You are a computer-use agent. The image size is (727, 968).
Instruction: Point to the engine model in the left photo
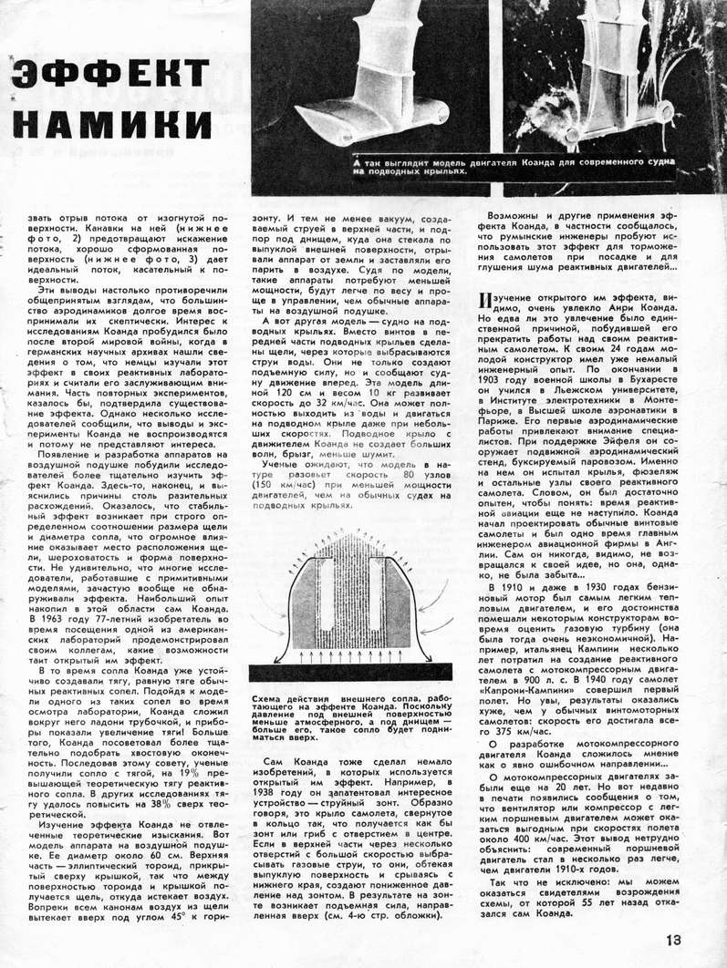tap(365, 91)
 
